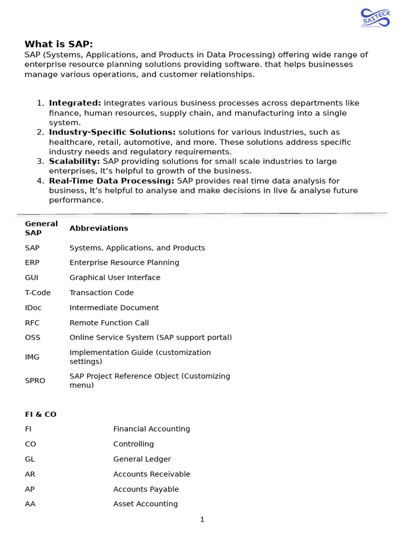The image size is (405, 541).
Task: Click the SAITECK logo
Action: (x=375, y=17)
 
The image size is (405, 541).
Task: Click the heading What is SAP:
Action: (x=59, y=44)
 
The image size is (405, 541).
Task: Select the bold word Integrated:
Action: (x=75, y=103)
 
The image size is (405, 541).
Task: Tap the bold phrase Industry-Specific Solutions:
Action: (x=112, y=132)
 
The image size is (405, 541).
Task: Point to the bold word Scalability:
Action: (x=74, y=161)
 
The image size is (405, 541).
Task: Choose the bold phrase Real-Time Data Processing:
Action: (x=111, y=181)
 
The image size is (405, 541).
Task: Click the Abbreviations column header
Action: (x=99, y=228)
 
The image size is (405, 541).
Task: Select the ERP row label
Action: (x=32, y=263)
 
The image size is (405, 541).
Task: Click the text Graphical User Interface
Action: (x=115, y=277)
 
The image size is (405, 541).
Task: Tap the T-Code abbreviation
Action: (x=37, y=293)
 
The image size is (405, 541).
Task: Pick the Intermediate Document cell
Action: (x=114, y=307)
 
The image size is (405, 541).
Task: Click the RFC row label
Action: (x=32, y=323)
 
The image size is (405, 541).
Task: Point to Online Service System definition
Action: (x=150, y=338)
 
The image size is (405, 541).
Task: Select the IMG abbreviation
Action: (x=32, y=357)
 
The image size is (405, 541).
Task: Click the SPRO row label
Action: (x=35, y=380)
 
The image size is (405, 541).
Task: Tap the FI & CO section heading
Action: (x=41, y=414)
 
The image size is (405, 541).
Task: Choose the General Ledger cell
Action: (x=142, y=459)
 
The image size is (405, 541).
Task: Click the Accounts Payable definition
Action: (x=146, y=489)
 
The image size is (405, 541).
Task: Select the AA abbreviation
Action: (x=30, y=504)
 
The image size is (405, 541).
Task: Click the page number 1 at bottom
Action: (x=202, y=520)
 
